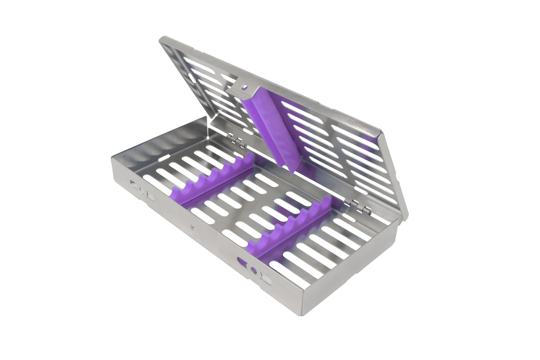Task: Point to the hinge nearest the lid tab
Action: [x=238, y=142]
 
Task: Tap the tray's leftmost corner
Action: [x=112, y=161]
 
